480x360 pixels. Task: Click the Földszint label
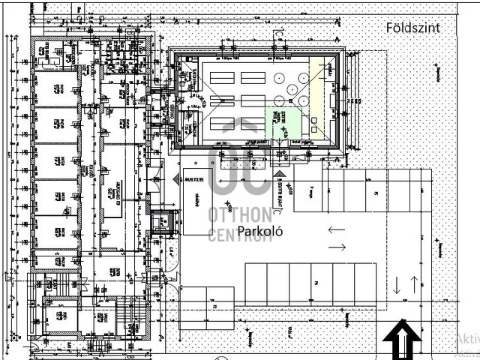click(413, 28)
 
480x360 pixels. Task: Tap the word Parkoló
click(259, 232)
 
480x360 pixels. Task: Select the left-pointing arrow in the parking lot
click(336, 229)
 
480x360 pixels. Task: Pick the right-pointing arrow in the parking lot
click(337, 247)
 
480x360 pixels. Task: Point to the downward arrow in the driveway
click(397, 285)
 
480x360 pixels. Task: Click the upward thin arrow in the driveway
click(413, 285)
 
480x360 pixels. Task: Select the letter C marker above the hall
click(277, 33)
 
